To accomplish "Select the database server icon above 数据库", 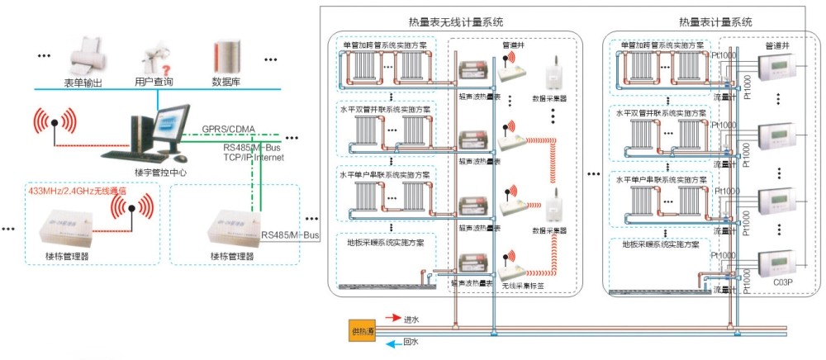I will (x=226, y=55).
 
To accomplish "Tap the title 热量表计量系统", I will (x=715, y=22).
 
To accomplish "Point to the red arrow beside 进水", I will (x=391, y=318).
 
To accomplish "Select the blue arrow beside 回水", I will (x=391, y=341).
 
